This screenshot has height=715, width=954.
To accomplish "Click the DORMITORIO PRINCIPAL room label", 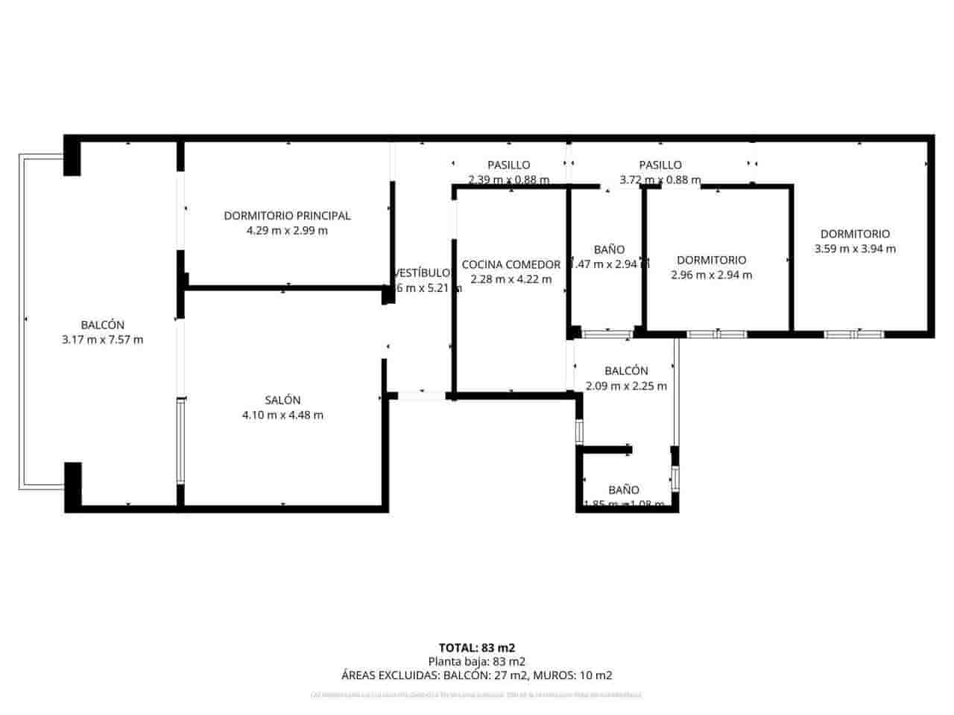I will [287, 216].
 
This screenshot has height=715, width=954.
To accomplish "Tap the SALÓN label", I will [282, 400].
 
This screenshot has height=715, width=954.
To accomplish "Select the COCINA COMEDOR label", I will [511, 264].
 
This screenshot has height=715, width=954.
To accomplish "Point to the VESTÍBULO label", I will [423, 273].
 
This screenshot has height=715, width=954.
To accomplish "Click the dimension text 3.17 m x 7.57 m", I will [103, 340].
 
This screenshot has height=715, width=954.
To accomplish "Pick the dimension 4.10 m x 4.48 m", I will [282, 415].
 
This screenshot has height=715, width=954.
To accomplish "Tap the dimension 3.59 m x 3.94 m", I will [855, 249].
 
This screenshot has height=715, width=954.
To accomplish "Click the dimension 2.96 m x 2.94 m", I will [711, 275].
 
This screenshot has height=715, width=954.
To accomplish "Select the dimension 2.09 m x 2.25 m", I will [626, 386].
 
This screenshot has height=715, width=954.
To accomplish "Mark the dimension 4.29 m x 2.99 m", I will [287, 231].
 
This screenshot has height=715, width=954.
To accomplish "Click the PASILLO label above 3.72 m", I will [660, 165].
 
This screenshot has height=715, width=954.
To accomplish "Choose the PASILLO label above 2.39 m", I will [509, 165].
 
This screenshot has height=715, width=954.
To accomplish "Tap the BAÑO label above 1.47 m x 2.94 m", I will [609, 250].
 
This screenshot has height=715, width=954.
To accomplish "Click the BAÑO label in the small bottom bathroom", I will [623, 490].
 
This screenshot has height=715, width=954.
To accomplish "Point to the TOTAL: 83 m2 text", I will [477, 647].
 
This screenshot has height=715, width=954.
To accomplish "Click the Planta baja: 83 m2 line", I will [477, 661].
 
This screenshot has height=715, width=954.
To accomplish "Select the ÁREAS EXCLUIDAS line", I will [477, 676].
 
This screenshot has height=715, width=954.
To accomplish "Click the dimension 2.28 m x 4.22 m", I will [511, 279].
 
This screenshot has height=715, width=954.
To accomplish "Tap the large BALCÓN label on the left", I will [103, 325].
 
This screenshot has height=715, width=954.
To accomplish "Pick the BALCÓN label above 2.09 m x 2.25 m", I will [626, 371].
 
